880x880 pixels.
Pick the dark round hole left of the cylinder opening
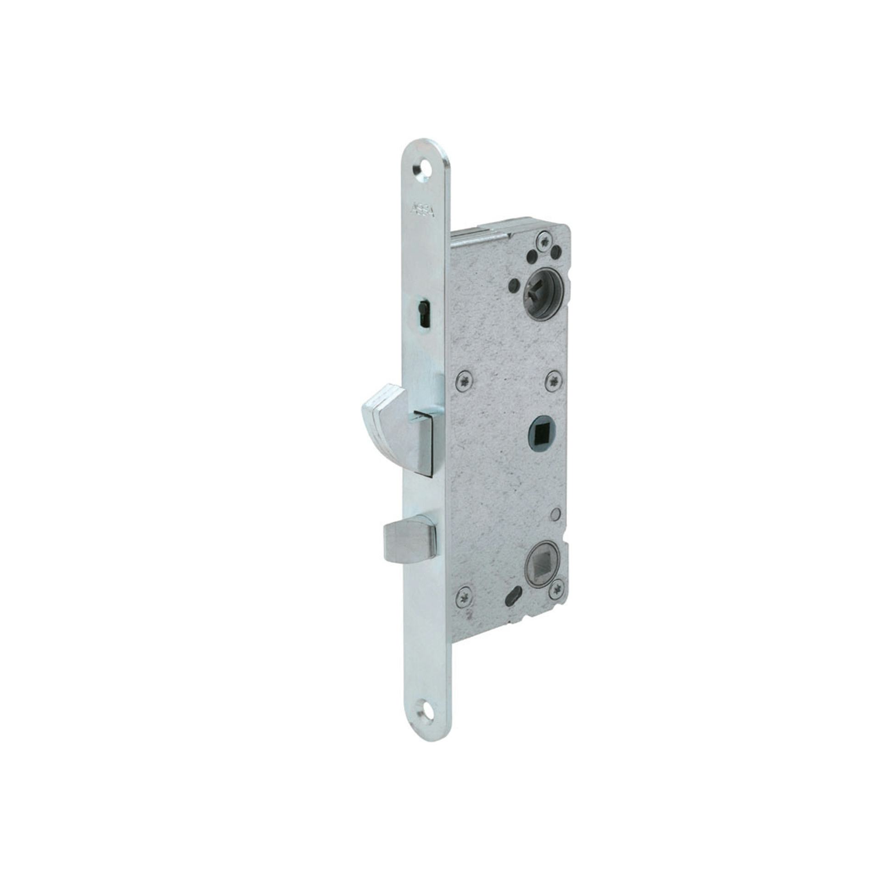[512, 283]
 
